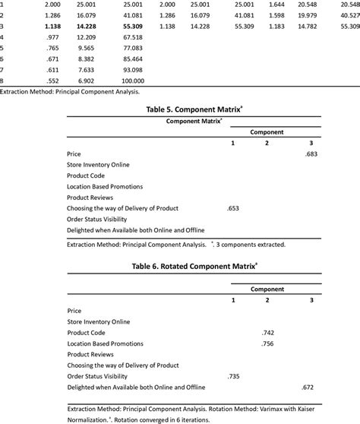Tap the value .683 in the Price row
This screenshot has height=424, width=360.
click(x=311, y=153)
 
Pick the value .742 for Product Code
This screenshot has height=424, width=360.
click(x=267, y=333)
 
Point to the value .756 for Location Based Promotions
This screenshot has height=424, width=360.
click(x=267, y=343)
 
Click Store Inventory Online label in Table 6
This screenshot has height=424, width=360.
click(x=98, y=321)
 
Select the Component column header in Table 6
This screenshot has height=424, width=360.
click(x=267, y=290)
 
